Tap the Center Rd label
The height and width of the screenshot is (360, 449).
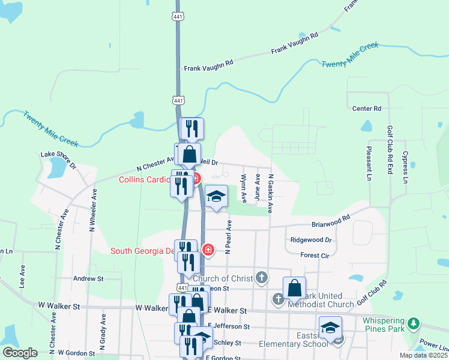pos(367,109)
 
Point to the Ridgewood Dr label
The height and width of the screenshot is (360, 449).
pos(310,239)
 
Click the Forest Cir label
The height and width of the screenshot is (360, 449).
pos(315,255)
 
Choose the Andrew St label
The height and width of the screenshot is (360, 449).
pos(88,278)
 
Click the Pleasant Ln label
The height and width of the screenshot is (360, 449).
pos(368,163)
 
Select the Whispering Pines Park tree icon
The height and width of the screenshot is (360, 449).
pos(413,324)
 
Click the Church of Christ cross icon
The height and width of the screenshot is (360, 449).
pos(261,277)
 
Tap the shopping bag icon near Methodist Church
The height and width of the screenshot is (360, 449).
pos(295,289)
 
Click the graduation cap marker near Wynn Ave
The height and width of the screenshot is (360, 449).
pos(216,197)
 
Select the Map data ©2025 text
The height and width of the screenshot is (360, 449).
pos(423,355)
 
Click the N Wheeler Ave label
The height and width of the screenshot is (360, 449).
pos(93,210)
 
